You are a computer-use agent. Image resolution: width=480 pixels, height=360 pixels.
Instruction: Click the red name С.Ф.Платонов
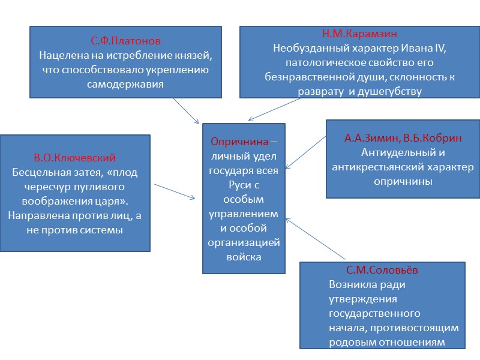126,41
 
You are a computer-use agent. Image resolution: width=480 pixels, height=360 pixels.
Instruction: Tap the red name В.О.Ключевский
75,158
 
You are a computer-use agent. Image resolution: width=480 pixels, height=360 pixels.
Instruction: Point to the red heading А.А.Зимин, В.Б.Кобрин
403,138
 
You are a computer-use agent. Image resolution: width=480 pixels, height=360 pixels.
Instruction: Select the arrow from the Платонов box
186,111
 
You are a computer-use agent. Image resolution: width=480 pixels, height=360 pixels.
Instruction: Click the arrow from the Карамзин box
274,109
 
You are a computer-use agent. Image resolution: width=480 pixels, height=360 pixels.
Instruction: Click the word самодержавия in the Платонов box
126,85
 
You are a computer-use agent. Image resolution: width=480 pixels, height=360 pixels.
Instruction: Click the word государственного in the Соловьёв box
374,313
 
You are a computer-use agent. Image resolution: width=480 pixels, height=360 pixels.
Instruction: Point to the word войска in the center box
244,257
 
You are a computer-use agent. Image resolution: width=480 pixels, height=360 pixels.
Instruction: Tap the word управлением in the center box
244,214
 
